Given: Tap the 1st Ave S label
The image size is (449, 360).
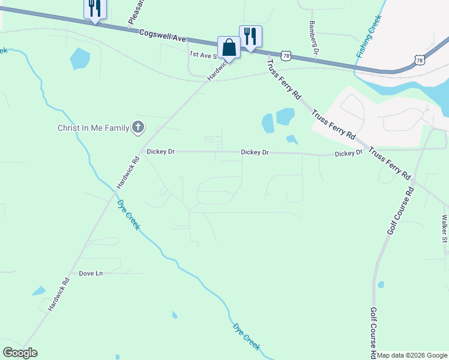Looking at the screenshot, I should [x=202, y=54].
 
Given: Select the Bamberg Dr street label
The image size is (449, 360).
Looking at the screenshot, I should [x=312, y=38].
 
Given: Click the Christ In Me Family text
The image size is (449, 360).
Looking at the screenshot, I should [x=93, y=127].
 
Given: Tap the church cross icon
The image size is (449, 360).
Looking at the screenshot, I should [x=138, y=127].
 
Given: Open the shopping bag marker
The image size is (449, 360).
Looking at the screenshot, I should [x=229, y=47].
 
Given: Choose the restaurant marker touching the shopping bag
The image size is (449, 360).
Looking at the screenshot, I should [x=250, y=37].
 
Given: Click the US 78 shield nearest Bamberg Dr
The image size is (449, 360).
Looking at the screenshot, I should [x=286, y=55].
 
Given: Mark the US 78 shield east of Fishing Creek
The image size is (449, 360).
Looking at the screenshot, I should [x=420, y=59].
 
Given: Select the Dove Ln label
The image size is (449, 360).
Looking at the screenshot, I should [x=91, y=274].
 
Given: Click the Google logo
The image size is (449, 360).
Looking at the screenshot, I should [x=20, y=353].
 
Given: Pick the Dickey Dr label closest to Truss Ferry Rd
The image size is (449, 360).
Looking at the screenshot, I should [x=349, y=154].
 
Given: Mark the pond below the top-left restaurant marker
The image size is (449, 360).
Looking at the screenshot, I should [x=80, y=58].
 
